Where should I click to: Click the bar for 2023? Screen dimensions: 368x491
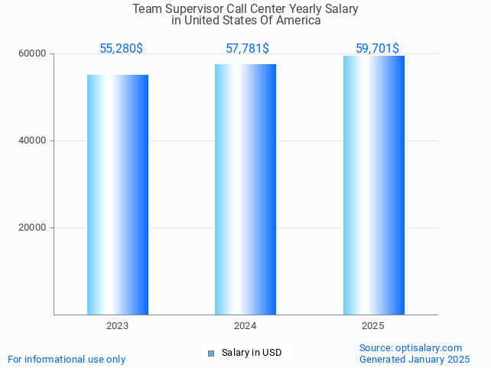118,195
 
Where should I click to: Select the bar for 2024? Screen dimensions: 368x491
245,189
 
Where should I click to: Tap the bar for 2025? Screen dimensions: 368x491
373,185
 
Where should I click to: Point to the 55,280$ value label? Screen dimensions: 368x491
121,49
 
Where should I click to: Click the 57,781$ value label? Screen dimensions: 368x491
247,49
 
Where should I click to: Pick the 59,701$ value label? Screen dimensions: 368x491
377,49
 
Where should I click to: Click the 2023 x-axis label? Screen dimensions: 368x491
118,326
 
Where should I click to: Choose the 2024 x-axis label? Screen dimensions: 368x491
245,326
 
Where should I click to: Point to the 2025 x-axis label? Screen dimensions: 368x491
373,326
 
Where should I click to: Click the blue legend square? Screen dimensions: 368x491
211,353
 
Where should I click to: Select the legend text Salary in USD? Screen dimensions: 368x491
252,353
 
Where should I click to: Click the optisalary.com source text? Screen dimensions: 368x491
411,347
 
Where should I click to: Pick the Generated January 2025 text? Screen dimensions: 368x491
415,359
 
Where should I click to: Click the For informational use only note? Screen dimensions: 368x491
67,359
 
